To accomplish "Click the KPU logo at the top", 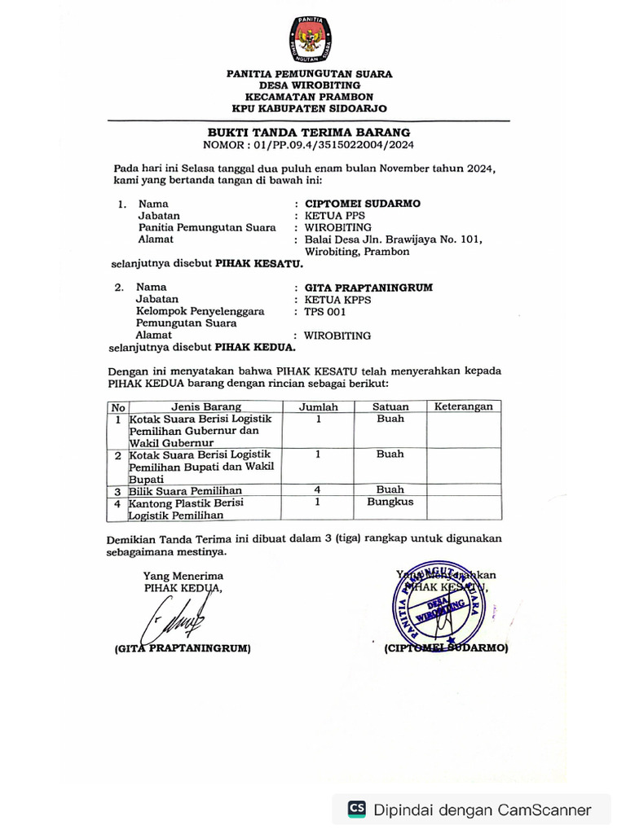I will click(x=311, y=38).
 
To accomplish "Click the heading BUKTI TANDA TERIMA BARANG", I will click(x=308, y=132).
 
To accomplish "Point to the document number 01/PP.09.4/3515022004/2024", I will click(x=332, y=145).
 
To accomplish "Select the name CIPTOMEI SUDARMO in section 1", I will click(x=363, y=204).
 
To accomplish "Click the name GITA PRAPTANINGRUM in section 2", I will click(x=368, y=288).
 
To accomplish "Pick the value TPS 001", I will click(x=325, y=311).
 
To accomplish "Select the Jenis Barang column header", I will click(x=206, y=406).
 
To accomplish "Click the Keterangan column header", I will click(x=464, y=406).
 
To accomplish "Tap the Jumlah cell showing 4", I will click(x=318, y=489).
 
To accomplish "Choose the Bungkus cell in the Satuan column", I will click(x=390, y=503).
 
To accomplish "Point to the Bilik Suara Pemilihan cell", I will click(x=186, y=490).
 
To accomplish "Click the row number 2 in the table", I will click(x=118, y=454).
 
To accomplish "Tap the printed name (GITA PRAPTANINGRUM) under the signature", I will click(x=178, y=649).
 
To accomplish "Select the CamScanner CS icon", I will click(x=357, y=809).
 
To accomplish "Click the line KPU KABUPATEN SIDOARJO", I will click(x=309, y=108).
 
